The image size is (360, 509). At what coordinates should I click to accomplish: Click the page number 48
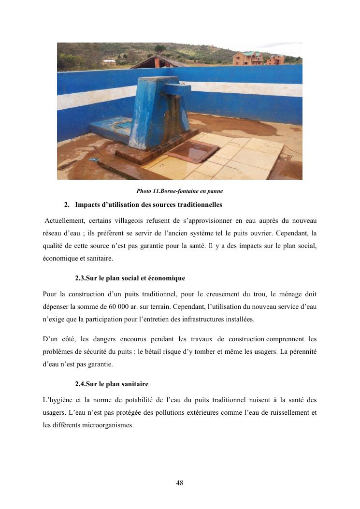point(180,483)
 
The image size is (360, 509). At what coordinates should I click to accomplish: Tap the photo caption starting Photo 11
point(179,191)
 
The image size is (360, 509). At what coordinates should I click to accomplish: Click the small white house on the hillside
point(110,62)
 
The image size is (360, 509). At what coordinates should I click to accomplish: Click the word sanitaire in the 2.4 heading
point(134,384)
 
